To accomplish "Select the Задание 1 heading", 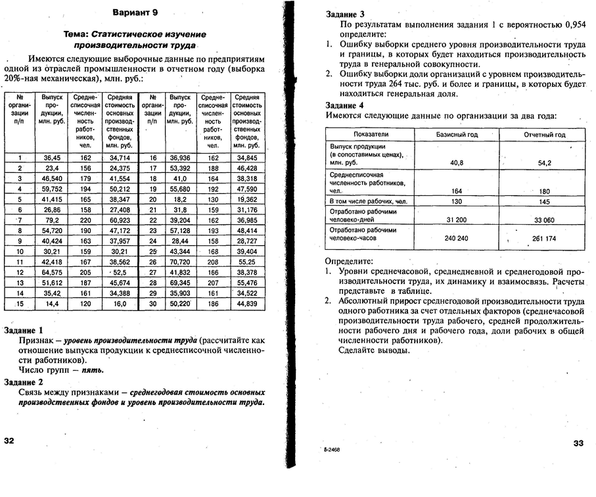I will click(24, 329).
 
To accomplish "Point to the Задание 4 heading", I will click(345, 105).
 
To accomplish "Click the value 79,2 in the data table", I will click(53, 219).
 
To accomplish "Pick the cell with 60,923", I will click(119, 219).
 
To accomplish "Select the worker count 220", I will click(85, 219).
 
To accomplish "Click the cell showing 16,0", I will click(119, 304).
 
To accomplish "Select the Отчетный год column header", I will click(544, 134).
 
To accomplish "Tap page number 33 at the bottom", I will click(578, 442).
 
